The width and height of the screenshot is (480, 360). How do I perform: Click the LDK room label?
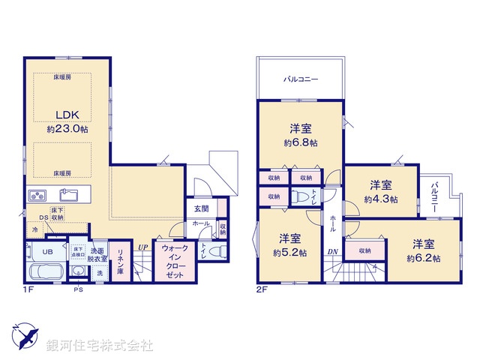(x=61, y=115)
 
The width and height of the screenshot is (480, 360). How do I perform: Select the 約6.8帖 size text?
(x=300, y=142)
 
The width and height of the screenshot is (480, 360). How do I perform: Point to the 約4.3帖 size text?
(x=380, y=199)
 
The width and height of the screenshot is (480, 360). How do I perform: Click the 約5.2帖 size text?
(x=289, y=253)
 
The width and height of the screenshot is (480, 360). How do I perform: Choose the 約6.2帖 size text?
(x=423, y=257)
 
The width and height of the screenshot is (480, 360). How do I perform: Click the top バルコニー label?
(x=301, y=78)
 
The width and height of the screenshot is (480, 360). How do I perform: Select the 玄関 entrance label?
(x=201, y=209)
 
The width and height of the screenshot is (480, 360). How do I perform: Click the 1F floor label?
(x=28, y=287)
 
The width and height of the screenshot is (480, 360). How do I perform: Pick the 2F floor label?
(x=260, y=288)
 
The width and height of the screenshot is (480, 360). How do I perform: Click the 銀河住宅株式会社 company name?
(x=99, y=346)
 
